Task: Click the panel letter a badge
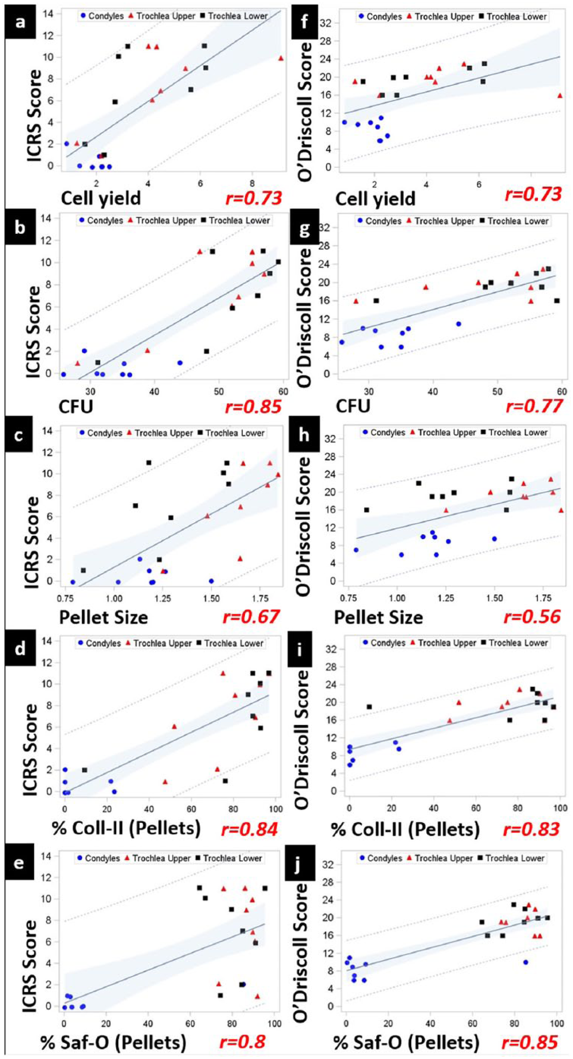(20, 22)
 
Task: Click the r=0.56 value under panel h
(532, 617)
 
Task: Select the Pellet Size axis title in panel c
(103, 617)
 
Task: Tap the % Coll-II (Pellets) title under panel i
(405, 829)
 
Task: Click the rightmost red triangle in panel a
(281, 58)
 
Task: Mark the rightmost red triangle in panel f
(560, 95)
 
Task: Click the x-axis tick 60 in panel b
(283, 392)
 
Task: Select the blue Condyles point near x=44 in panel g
(459, 324)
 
